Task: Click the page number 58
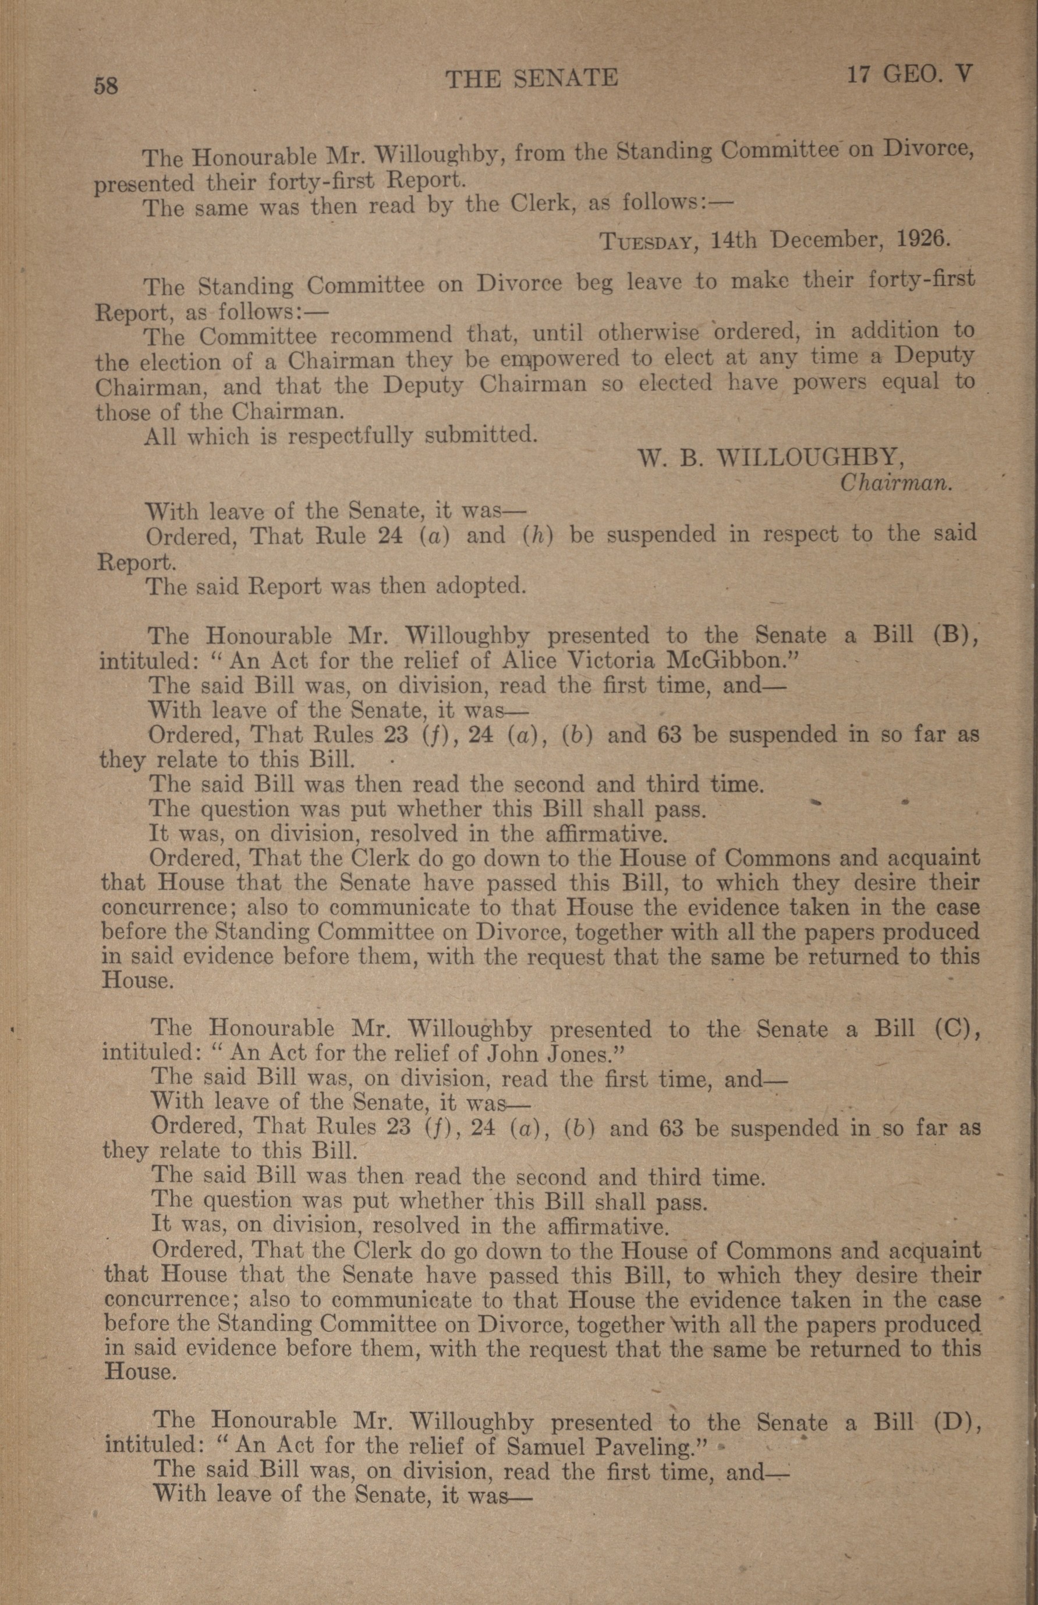(107, 86)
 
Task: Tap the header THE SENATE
(531, 79)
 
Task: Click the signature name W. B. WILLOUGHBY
(771, 459)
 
